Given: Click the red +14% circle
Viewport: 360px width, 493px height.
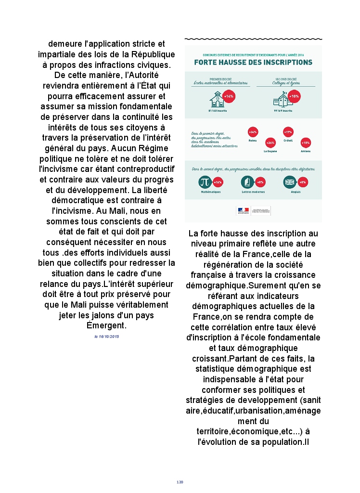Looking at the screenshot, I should click(x=229, y=96).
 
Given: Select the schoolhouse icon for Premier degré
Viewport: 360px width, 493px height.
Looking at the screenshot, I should click(x=217, y=100).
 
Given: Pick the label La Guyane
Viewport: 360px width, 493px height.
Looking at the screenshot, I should click(x=270, y=151).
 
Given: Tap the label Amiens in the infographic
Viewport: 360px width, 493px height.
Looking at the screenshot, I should click(x=305, y=151).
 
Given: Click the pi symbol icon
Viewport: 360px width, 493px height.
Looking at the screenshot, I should click(x=205, y=182).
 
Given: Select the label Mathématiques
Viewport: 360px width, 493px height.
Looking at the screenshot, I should click(x=211, y=192).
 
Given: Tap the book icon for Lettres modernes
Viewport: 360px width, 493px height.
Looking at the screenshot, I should click(x=247, y=182).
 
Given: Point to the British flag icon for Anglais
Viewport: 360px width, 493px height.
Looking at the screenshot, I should click(x=290, y=182).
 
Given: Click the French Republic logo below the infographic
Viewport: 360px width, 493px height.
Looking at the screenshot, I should click(x=243, y=210).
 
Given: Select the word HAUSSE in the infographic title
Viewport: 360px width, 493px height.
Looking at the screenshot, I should click(x=232, y=63).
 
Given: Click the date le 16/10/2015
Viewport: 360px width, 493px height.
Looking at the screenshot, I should click(x=106, y=336).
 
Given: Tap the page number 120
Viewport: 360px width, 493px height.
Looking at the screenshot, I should click(x=180, y=482).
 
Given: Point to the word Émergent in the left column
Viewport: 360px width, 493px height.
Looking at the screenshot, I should click(x=106, y=325).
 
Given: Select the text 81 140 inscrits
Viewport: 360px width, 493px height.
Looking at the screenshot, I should click(x=218, y=110).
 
